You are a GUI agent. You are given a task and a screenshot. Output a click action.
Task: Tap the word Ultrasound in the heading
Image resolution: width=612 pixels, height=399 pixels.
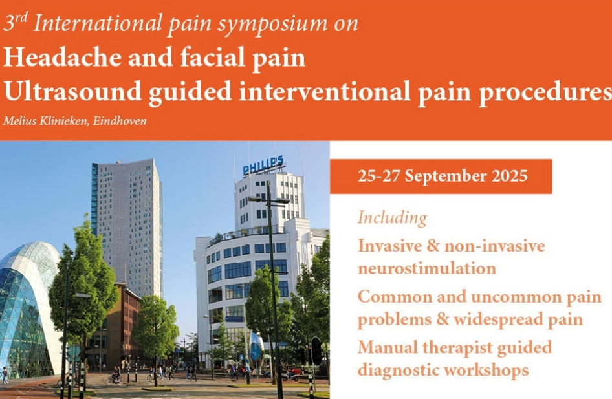coord(72,91)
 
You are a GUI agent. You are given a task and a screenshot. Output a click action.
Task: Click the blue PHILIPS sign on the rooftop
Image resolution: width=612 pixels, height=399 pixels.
coord(263,166)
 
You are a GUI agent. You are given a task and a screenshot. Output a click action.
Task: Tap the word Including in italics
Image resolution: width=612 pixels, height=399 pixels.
coord(393,218)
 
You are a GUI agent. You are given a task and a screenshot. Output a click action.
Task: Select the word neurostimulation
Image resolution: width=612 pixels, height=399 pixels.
coord(427,269)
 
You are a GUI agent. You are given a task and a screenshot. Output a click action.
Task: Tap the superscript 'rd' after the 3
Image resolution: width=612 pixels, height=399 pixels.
coord(22,18)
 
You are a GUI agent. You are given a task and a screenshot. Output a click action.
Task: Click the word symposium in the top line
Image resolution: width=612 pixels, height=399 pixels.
coord(272,24)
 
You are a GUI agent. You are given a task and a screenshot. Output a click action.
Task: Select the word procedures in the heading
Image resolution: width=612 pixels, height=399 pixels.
coord(545,92)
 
